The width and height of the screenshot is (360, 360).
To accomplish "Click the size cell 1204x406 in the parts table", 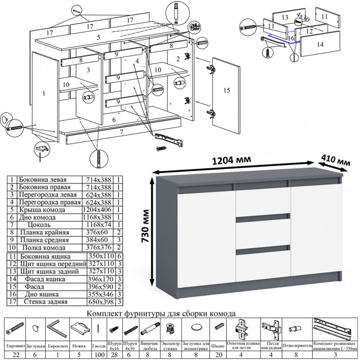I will point(98,210).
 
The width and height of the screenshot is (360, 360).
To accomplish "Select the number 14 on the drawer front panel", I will point(320,45).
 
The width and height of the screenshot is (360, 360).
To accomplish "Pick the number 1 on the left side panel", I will point(44,93).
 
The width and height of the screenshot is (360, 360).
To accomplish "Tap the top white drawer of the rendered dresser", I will point(261,202).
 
